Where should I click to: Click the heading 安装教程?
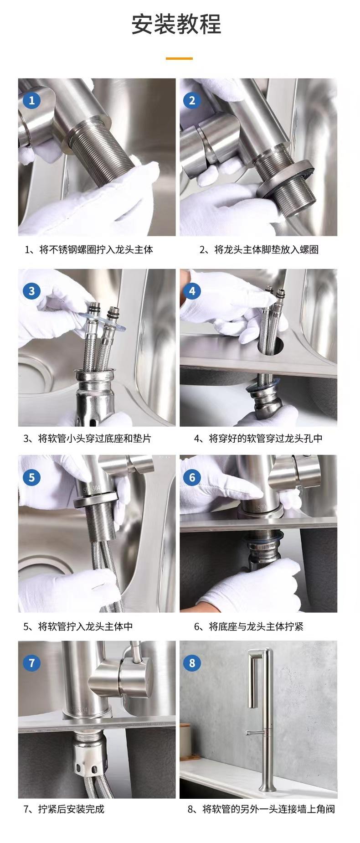tap(176, 24)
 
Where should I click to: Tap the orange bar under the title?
tap(179, 58)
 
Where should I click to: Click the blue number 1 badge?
tap(31, 100)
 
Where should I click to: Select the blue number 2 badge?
tap(192, 100)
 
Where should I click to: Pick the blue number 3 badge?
tap(31, 291)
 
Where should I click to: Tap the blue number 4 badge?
tap(192, 291)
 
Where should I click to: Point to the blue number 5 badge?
tap(31, 477)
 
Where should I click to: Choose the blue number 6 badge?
tap(192, 477)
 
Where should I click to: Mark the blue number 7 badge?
tap(31, 662)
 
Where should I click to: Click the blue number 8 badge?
tap(192, 662)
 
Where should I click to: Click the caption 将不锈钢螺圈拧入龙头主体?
tap(96, 249)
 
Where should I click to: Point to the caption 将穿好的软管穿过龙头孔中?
tap(266, 439)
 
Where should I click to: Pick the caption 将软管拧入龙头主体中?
tap(86, 626)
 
